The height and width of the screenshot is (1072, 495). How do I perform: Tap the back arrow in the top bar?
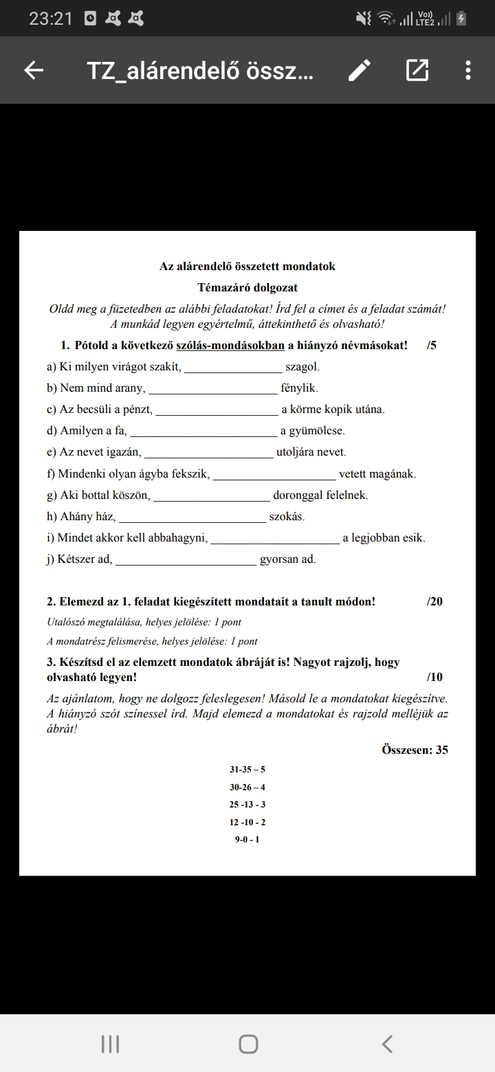34,70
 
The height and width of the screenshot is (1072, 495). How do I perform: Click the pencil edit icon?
360,70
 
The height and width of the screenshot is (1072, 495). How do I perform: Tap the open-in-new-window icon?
417,70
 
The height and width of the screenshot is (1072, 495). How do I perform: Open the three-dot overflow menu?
467,70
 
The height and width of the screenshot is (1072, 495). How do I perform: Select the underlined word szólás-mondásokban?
230,345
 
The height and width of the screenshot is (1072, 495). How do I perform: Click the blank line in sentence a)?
233,369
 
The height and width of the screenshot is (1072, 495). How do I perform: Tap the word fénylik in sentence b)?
299,388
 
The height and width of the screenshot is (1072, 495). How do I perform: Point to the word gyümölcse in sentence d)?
312,431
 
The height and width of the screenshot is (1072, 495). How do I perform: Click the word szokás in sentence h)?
287,516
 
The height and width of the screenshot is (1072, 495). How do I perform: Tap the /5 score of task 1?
432,345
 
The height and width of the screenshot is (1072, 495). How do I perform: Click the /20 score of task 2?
434,602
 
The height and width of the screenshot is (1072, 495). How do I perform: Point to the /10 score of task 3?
434,678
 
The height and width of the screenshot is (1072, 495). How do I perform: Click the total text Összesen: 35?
415,750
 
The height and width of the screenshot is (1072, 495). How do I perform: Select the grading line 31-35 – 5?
247,770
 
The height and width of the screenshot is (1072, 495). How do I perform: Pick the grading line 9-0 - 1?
247,840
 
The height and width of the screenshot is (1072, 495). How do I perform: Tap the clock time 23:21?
51,19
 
